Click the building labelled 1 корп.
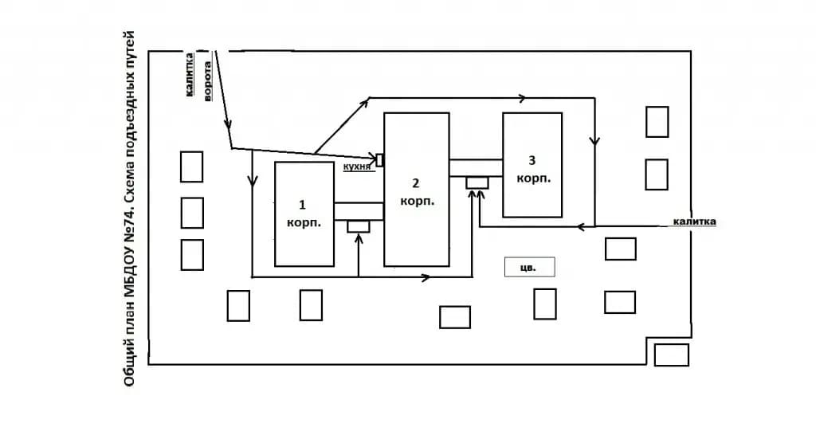pos(304,214)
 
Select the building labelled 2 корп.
pos(416,190)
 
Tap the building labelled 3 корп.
pos(532,164)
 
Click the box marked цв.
pos(529,267)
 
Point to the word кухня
pos(357,167)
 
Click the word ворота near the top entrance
pos(207,80)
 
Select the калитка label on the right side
pos(694,221)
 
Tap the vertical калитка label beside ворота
pos(190,74)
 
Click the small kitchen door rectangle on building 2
pos(380,160)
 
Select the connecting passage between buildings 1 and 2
pos(359,211)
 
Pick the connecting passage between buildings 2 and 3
pos(477,168)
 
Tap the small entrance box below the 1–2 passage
pos(359,226)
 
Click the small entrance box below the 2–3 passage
pos(477,182)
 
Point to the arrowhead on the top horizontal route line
pos(521,98)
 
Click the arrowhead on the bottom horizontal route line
pos(426,277)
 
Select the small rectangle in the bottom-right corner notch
pos(671,355)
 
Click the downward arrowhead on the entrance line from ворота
pos(228,124)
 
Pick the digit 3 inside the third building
pos(532,160)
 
